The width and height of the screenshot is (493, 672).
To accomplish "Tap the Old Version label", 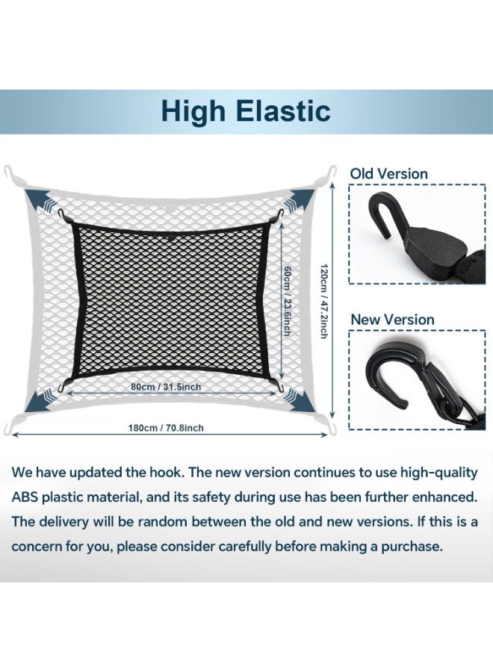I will coord(389,174).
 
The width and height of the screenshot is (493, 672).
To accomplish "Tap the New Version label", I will coord(392,320).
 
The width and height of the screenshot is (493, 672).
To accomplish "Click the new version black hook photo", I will coord(413,383).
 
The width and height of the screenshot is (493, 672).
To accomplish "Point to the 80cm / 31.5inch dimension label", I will coord(167,388).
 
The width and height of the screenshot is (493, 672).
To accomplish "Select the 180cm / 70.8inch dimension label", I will coord(165,428).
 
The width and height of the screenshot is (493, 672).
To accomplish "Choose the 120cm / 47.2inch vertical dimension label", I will coord(323,301).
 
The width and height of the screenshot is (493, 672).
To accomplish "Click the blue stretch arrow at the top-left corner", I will coord(38,200).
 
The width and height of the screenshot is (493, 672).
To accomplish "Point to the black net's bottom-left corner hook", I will coord(61,385).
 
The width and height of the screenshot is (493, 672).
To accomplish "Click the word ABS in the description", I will coord(27,497).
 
